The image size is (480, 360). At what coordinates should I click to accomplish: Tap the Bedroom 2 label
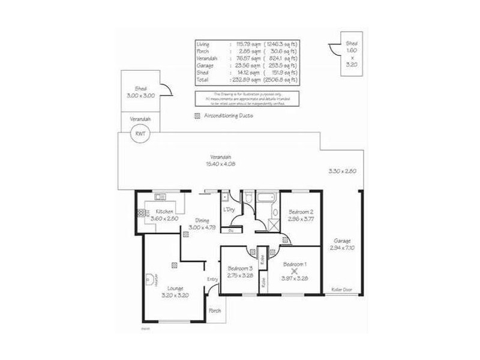300,212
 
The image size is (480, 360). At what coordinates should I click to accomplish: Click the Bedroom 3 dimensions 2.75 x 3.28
239,275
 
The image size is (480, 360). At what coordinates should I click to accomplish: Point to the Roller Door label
342,290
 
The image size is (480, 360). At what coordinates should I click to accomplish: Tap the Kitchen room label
165,212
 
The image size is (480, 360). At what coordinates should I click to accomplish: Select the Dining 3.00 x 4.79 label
201,224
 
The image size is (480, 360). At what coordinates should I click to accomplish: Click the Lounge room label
176,289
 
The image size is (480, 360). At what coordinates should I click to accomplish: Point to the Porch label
214,311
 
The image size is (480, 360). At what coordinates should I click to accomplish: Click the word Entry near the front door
213,280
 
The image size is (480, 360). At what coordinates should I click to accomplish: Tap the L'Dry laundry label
229,209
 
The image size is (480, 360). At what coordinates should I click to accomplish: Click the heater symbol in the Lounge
148,278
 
